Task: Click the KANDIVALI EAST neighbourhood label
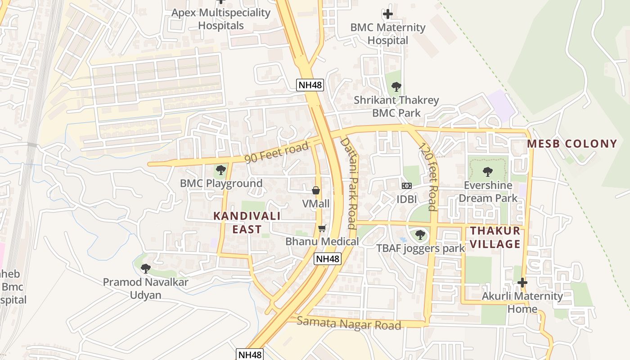(247, 222)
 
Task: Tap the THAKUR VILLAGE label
(495, 237)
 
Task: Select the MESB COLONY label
(572, 144)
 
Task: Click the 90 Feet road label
(277, 153)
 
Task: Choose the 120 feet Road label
(428, 176)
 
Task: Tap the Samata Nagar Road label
(349, 323)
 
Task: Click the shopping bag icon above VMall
(316, 190)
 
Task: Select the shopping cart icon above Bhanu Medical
(322, 229)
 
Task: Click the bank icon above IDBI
(406, 186)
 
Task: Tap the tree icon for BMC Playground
(220, 170)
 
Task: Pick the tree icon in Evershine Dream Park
(487, 171)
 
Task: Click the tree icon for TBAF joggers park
(420, 234)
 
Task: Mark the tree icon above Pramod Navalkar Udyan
(145, 269)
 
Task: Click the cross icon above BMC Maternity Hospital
(387, 14)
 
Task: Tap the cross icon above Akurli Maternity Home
(522, 283)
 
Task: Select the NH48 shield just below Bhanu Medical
(327, 259)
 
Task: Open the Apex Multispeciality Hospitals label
(221, 19)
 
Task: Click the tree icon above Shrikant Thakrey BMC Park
(396, 86)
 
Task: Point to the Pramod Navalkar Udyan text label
(145, 288)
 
